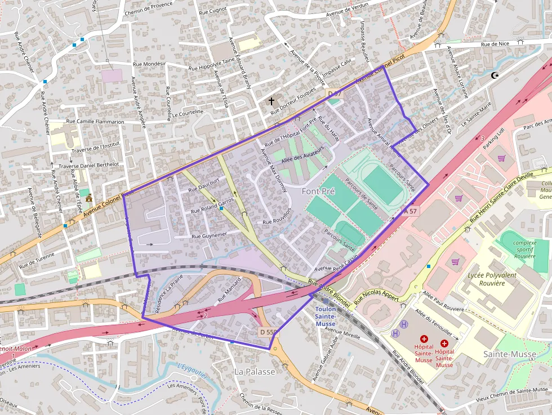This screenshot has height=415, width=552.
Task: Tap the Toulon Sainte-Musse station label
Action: coord(326,316)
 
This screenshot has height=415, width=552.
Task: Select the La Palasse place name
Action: coord(255,372)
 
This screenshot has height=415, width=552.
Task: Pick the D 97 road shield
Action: coord(335,93)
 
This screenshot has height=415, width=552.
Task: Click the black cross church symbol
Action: coord(271,101)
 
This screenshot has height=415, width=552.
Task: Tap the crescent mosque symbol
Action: coord(495,75)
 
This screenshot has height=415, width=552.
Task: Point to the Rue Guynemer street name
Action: coord(209,235)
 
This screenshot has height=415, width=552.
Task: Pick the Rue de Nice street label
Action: coord(495,44)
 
